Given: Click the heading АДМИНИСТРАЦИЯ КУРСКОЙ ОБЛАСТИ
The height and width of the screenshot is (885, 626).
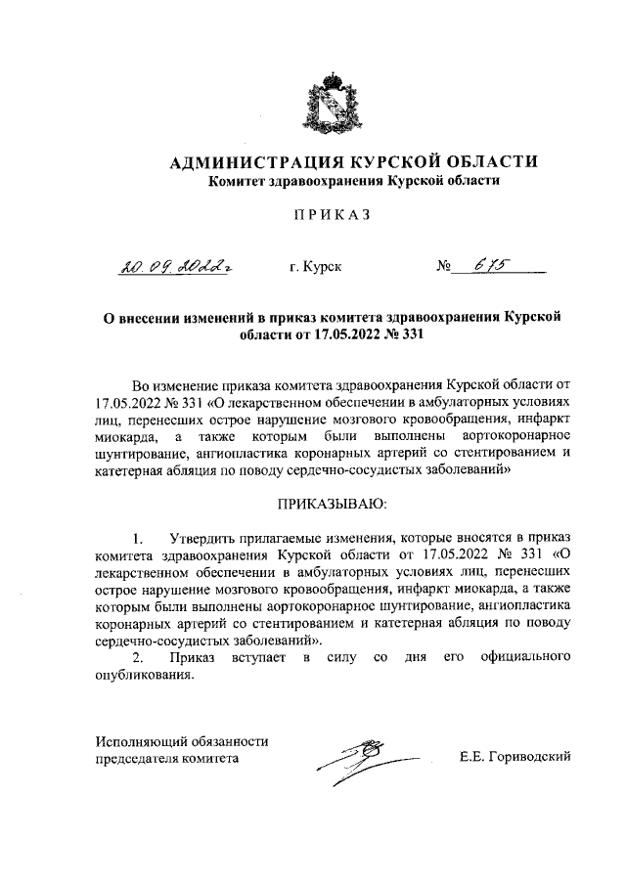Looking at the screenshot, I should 353,162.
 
